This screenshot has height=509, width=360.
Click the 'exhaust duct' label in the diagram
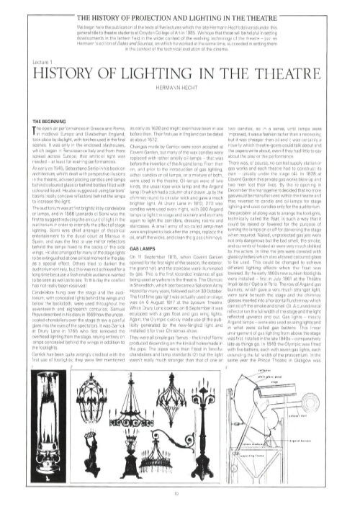pos(330,414)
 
